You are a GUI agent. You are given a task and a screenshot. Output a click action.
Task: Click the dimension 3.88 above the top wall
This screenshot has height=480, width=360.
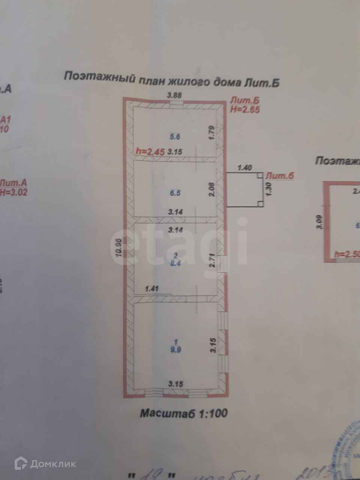click(175, 95)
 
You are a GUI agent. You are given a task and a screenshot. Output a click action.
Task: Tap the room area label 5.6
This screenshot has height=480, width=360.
click(175, 137)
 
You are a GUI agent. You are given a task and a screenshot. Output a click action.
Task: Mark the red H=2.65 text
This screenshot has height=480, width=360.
click(245, 109)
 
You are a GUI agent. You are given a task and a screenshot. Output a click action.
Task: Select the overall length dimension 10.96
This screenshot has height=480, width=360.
click(119, 247)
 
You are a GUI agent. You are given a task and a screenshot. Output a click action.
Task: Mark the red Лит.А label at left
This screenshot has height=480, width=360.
click(13, 183)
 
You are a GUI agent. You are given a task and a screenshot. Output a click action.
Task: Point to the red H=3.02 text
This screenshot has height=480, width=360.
click(13, 193)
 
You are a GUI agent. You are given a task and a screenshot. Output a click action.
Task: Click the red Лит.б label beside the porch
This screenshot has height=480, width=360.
click(279, 175)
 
